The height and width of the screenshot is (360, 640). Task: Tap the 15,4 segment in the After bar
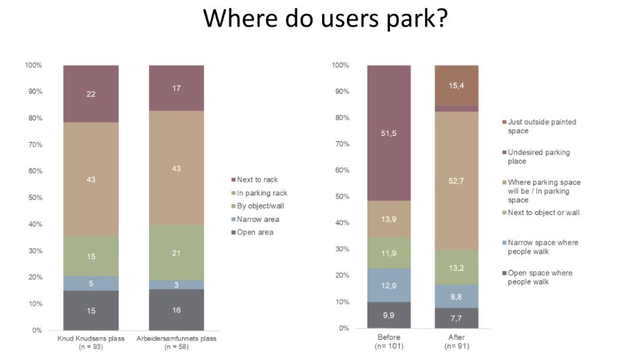(456, 85)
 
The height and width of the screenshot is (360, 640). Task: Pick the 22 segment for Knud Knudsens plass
(91, 94)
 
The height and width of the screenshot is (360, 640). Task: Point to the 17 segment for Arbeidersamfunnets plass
(176, 88)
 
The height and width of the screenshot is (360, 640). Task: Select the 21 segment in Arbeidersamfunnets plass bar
(176, 253)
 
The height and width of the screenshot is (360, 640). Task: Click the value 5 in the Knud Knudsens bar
(91, 283)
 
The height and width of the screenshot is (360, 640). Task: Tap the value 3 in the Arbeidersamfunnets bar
(176, 284)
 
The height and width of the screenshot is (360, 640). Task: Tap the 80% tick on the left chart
(34, 118)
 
